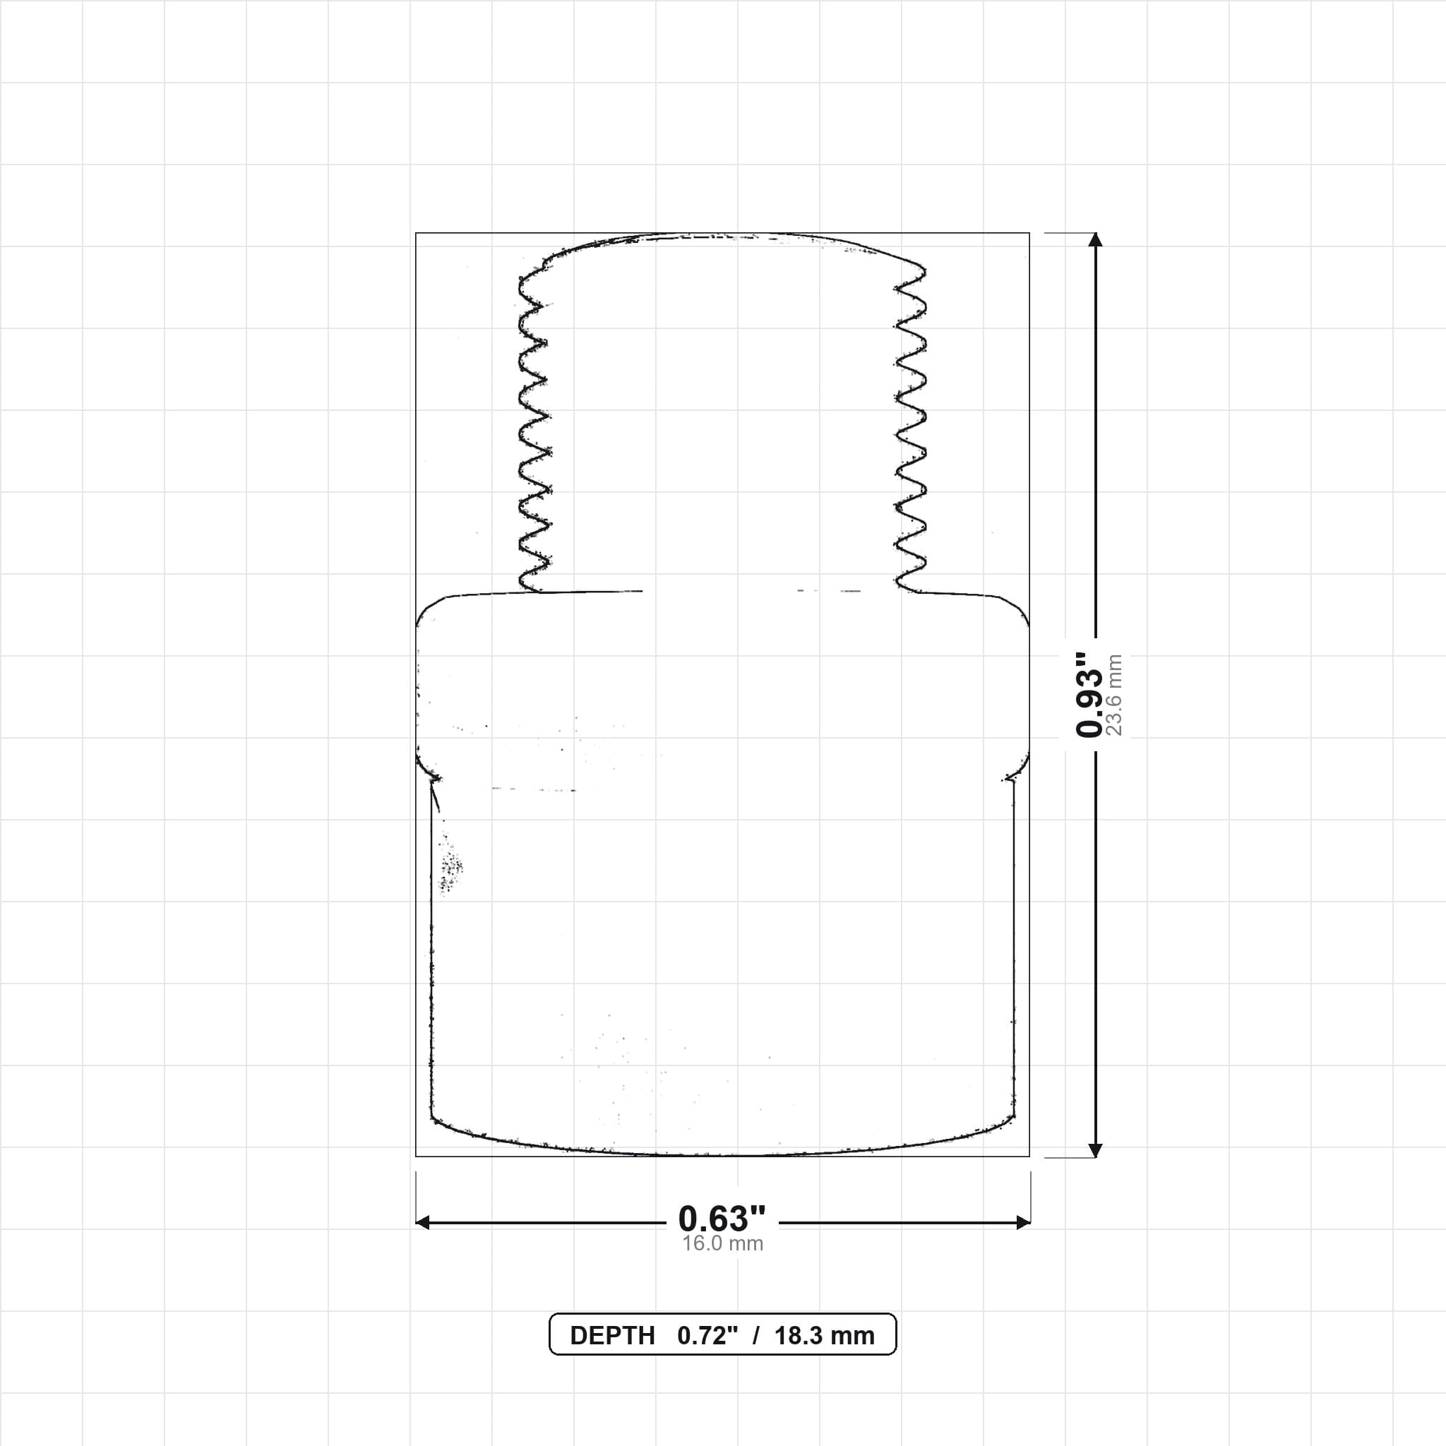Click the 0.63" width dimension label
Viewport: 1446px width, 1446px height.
tap(722, 1219)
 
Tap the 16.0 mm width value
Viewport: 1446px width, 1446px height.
tap(722, 1244)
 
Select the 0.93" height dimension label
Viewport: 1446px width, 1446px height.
tap(1089, 695)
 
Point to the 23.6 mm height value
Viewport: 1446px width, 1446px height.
tap(1114, 695)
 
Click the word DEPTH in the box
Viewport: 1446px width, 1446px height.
tap(612, 1336)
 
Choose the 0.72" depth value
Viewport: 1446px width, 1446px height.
tap(707, 1336)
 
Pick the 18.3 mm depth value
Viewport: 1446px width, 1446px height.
tap(824, 1336)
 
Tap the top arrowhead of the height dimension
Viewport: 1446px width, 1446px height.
tap(1096, 239)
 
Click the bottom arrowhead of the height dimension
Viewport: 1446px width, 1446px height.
tap(1096, 1150)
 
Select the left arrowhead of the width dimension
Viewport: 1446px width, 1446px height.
tap(423, 1222)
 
